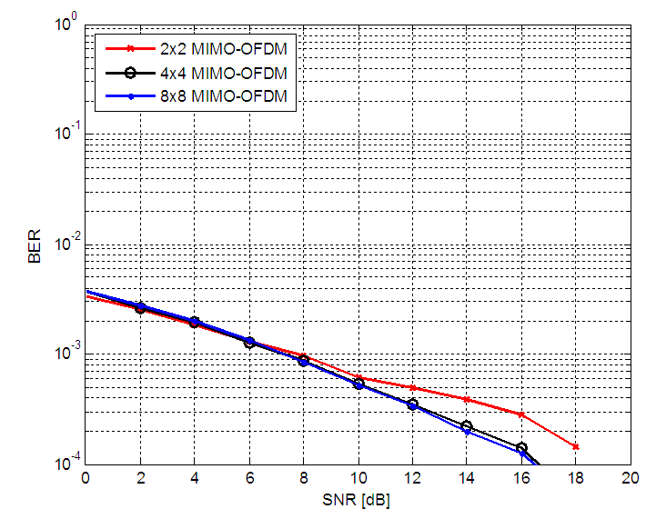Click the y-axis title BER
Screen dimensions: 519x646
35,244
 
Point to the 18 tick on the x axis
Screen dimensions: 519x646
575,478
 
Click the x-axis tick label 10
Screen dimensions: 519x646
358,478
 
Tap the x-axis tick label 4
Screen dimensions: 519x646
195,478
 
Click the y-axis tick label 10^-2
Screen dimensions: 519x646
66,243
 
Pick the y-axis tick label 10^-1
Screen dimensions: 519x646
66,132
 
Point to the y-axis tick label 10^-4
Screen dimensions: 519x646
66,464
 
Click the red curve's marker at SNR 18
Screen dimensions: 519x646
575,446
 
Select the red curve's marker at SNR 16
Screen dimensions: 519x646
521,414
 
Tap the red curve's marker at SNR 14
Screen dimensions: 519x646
467,399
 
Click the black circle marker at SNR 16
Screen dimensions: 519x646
521,448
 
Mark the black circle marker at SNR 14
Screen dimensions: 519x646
467,426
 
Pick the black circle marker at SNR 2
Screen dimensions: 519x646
140,308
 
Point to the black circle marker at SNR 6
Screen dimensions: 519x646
249,342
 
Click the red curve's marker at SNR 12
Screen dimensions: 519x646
412,388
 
